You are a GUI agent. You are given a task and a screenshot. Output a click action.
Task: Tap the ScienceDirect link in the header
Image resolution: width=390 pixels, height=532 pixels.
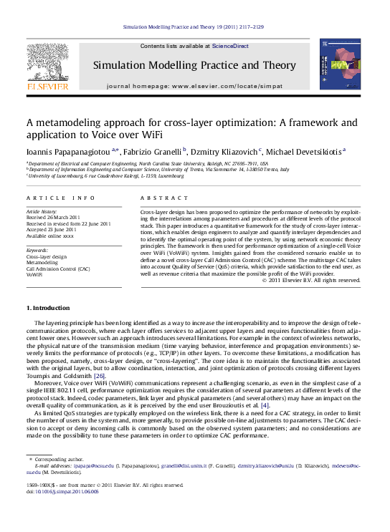click(x=231, y=46)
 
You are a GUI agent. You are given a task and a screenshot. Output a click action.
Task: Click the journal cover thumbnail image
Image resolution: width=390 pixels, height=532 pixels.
click(x=341, y=66)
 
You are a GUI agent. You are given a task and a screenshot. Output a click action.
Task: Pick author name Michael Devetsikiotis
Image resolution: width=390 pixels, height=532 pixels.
click(x=305, y=151)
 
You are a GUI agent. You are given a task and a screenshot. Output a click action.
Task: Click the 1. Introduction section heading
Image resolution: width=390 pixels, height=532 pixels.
click(x=48, y=308)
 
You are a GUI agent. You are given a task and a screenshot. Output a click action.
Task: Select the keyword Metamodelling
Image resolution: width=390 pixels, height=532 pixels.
click(x=44, y=263)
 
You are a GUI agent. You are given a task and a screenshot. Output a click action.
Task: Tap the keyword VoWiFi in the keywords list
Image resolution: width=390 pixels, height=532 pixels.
click(x=34, y=274)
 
